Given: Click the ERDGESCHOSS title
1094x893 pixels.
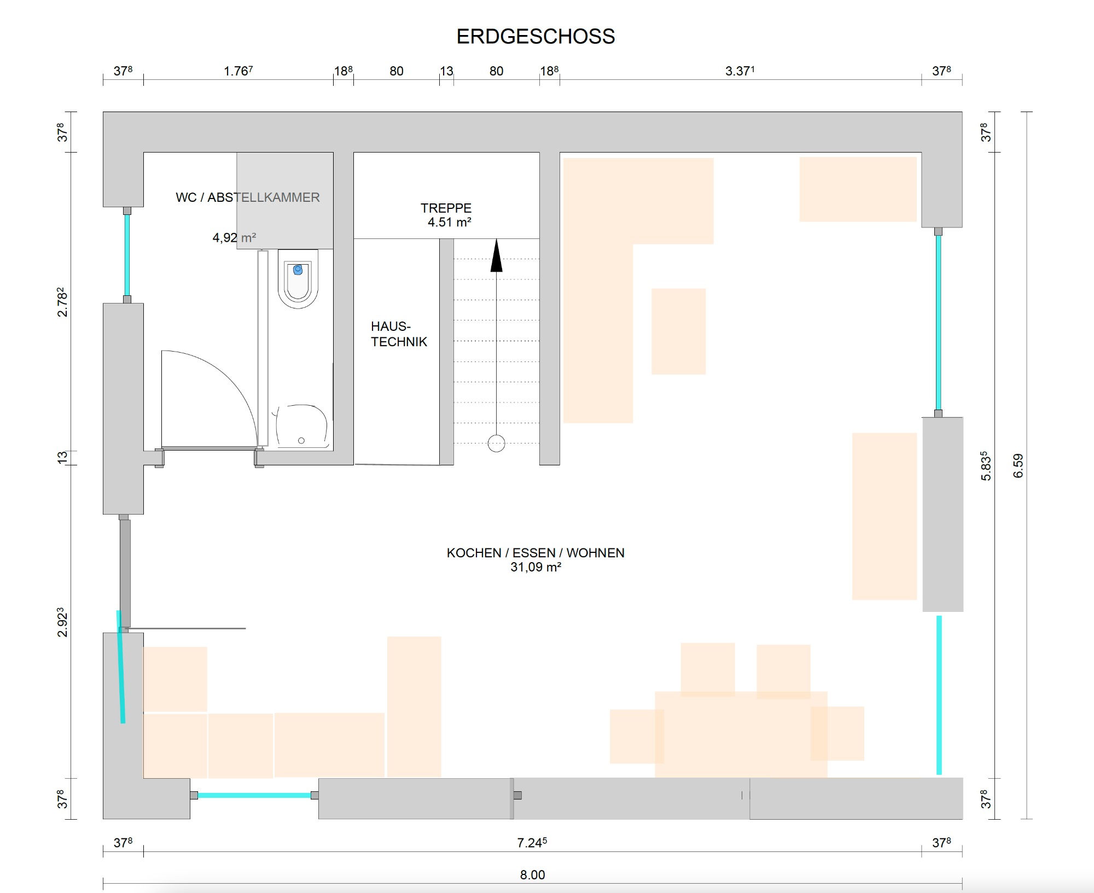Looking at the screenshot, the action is pos(536,37).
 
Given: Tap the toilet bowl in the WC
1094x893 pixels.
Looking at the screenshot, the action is pos(298,279).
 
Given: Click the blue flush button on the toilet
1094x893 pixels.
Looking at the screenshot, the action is pos(298,270).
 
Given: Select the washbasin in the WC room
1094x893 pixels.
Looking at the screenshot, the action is pos(301,427).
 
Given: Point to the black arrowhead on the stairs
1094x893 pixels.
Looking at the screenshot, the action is pos(496,255).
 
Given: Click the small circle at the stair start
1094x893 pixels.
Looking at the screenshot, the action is pos(496,443).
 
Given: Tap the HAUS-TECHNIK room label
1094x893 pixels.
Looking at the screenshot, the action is pos(399,334).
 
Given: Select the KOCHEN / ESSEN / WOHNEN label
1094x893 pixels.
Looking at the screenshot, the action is pos(536,553).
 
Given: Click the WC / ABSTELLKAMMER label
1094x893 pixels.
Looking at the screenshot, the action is pos(248,197).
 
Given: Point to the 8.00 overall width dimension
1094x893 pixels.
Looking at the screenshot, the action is pos(532,874).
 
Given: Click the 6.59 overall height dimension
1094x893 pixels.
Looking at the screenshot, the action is pos(1018,466).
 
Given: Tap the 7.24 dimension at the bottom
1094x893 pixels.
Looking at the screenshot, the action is pos(532,843).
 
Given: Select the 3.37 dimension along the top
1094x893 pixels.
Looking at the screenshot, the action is pos(740,71).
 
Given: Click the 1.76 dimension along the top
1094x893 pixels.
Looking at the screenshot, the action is pos(238,71).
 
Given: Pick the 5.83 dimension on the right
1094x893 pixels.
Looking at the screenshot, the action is pos(986,466).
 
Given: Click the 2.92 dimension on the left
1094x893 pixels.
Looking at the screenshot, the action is pos(62,622).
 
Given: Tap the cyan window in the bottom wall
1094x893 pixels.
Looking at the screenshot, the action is pos(254,795).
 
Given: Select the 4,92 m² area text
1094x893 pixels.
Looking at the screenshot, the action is pos(234,238).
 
